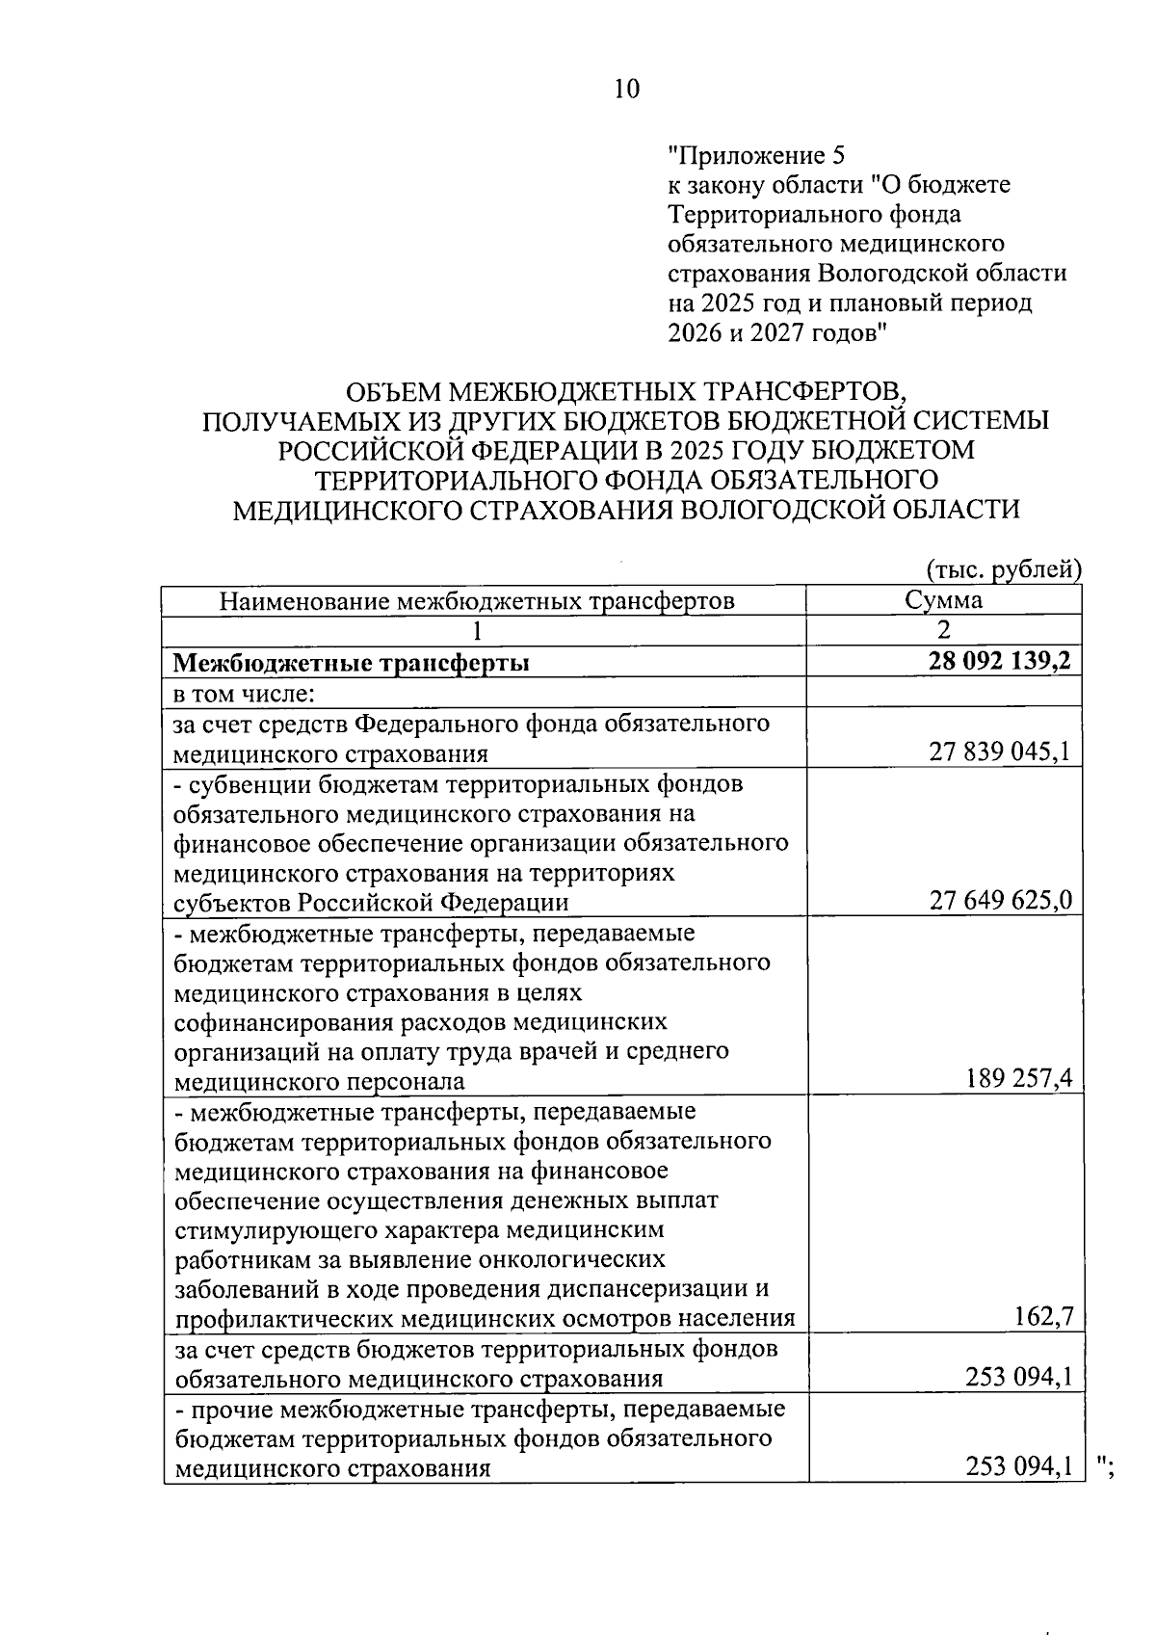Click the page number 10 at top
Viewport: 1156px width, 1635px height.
point(625,90)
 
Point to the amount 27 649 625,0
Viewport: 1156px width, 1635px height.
point(1001,901)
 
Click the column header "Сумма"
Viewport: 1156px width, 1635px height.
point(944,600)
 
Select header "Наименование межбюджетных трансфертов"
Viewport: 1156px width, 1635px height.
point(477,601)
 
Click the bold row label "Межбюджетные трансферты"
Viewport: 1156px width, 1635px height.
point(352,663)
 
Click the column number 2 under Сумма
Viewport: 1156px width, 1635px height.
point(944,630)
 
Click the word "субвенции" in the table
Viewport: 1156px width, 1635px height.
point(250,783)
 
